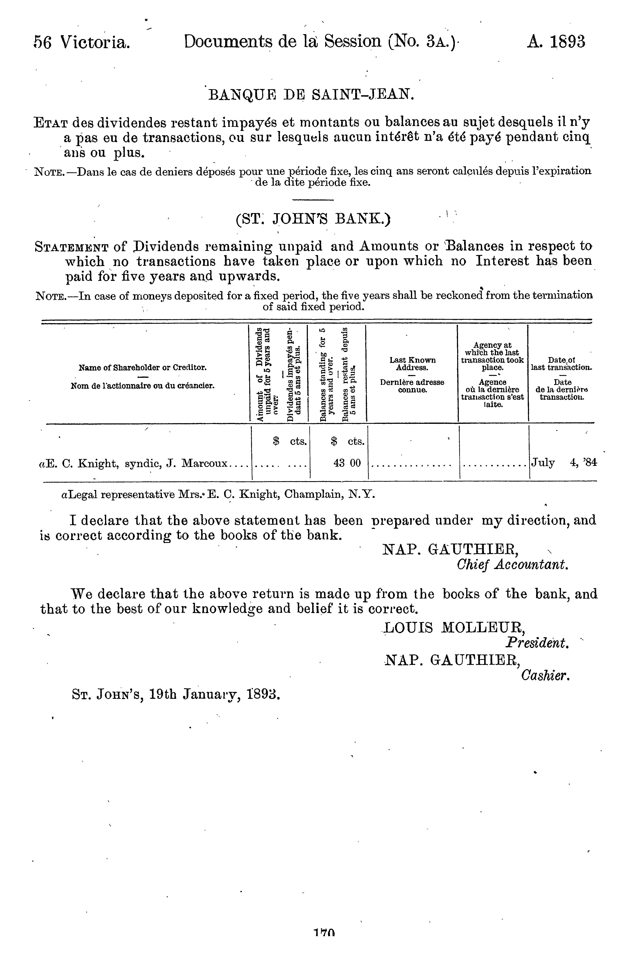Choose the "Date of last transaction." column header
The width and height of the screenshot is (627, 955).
(x=561, y=364)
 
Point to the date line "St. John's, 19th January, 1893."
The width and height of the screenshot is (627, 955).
(x=175, y=694)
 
